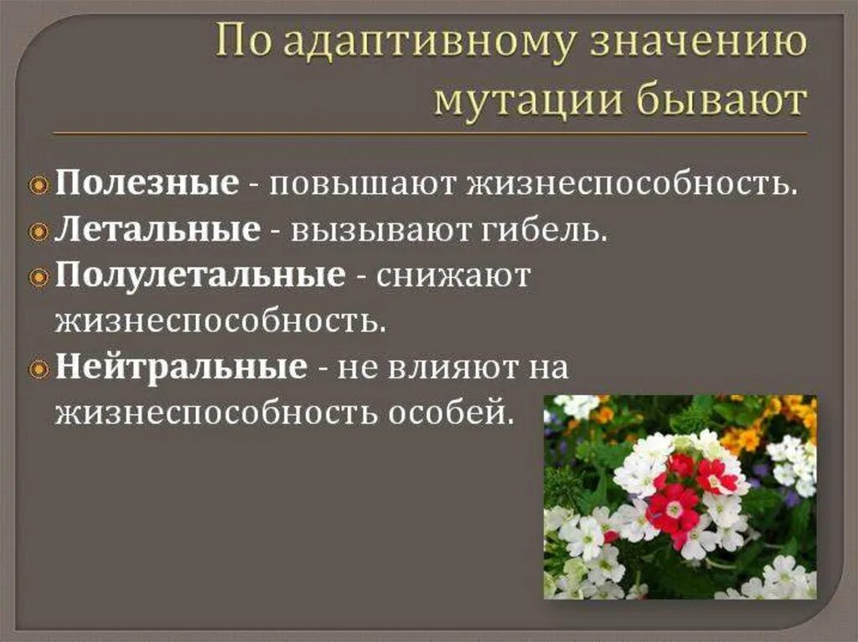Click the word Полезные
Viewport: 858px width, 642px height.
coord(147,182)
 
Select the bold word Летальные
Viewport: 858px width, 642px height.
coord(158,229)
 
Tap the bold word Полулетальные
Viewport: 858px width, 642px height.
coord(200,275)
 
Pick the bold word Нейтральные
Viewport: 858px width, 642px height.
coord(181,367)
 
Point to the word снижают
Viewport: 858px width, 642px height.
coord(453,275)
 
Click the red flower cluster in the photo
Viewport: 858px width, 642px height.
coord(683,494)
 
